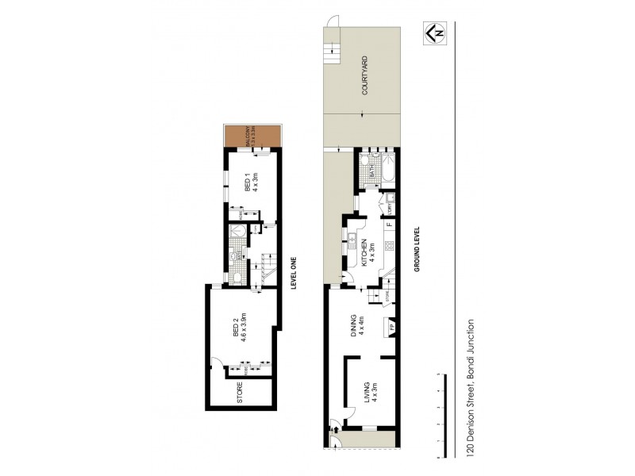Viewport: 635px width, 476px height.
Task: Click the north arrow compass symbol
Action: pyautogui.click(x=434, y=33)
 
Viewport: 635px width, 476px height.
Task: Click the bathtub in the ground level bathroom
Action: pyautogui.click(x=389, y=171)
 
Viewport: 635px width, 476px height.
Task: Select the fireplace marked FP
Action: pyautogui.click(x=390, y=325)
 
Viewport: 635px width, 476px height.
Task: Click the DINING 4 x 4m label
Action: pyautogui.click(x=360, y=326)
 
